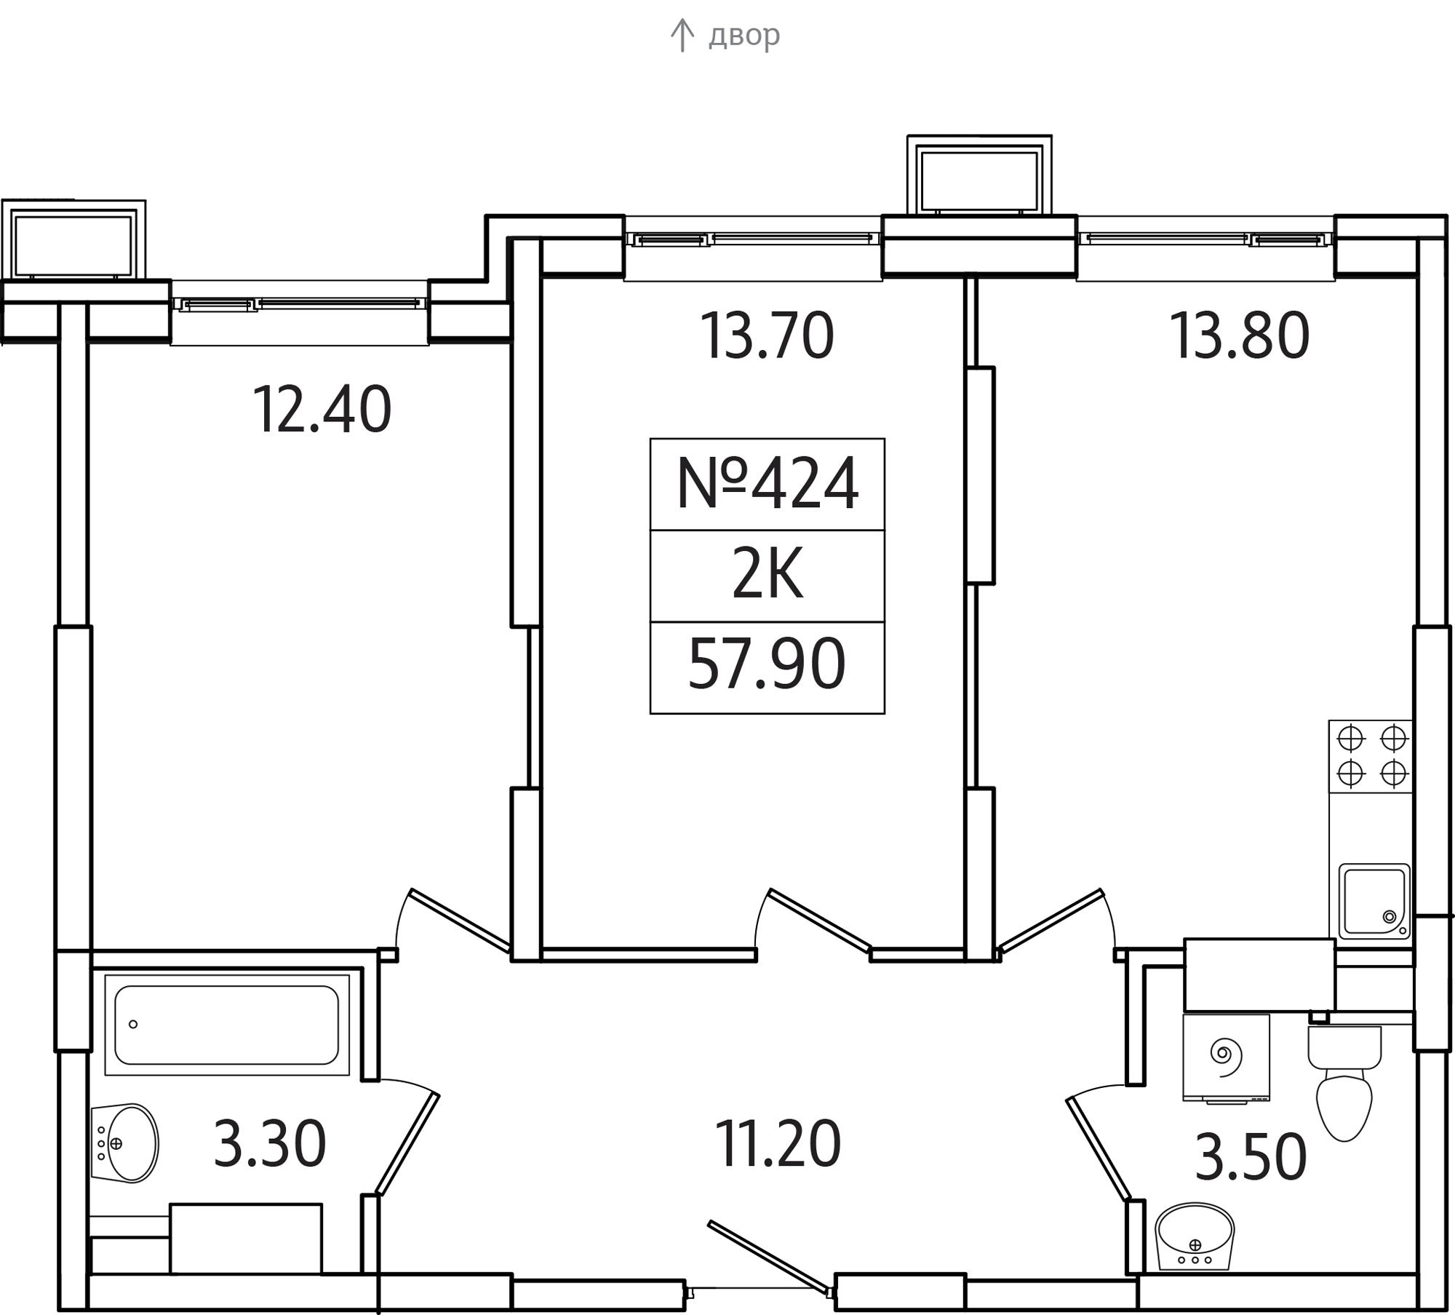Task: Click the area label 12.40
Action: coord(322,410)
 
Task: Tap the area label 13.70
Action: coord(767,335)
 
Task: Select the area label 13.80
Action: coord(1239,335)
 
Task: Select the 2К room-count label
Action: coord(768,576)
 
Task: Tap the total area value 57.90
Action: coord(767,664)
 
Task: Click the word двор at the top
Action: coord(744,35)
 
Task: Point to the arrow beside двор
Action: coord(682,36)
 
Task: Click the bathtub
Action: coord(227,1025)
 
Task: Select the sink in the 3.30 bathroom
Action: coord(125,1143)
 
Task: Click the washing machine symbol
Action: coord(1227,1057)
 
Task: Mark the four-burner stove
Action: coord(1371,756)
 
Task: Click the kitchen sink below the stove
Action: coord(1374,901)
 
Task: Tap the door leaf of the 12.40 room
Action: coord(459,920)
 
